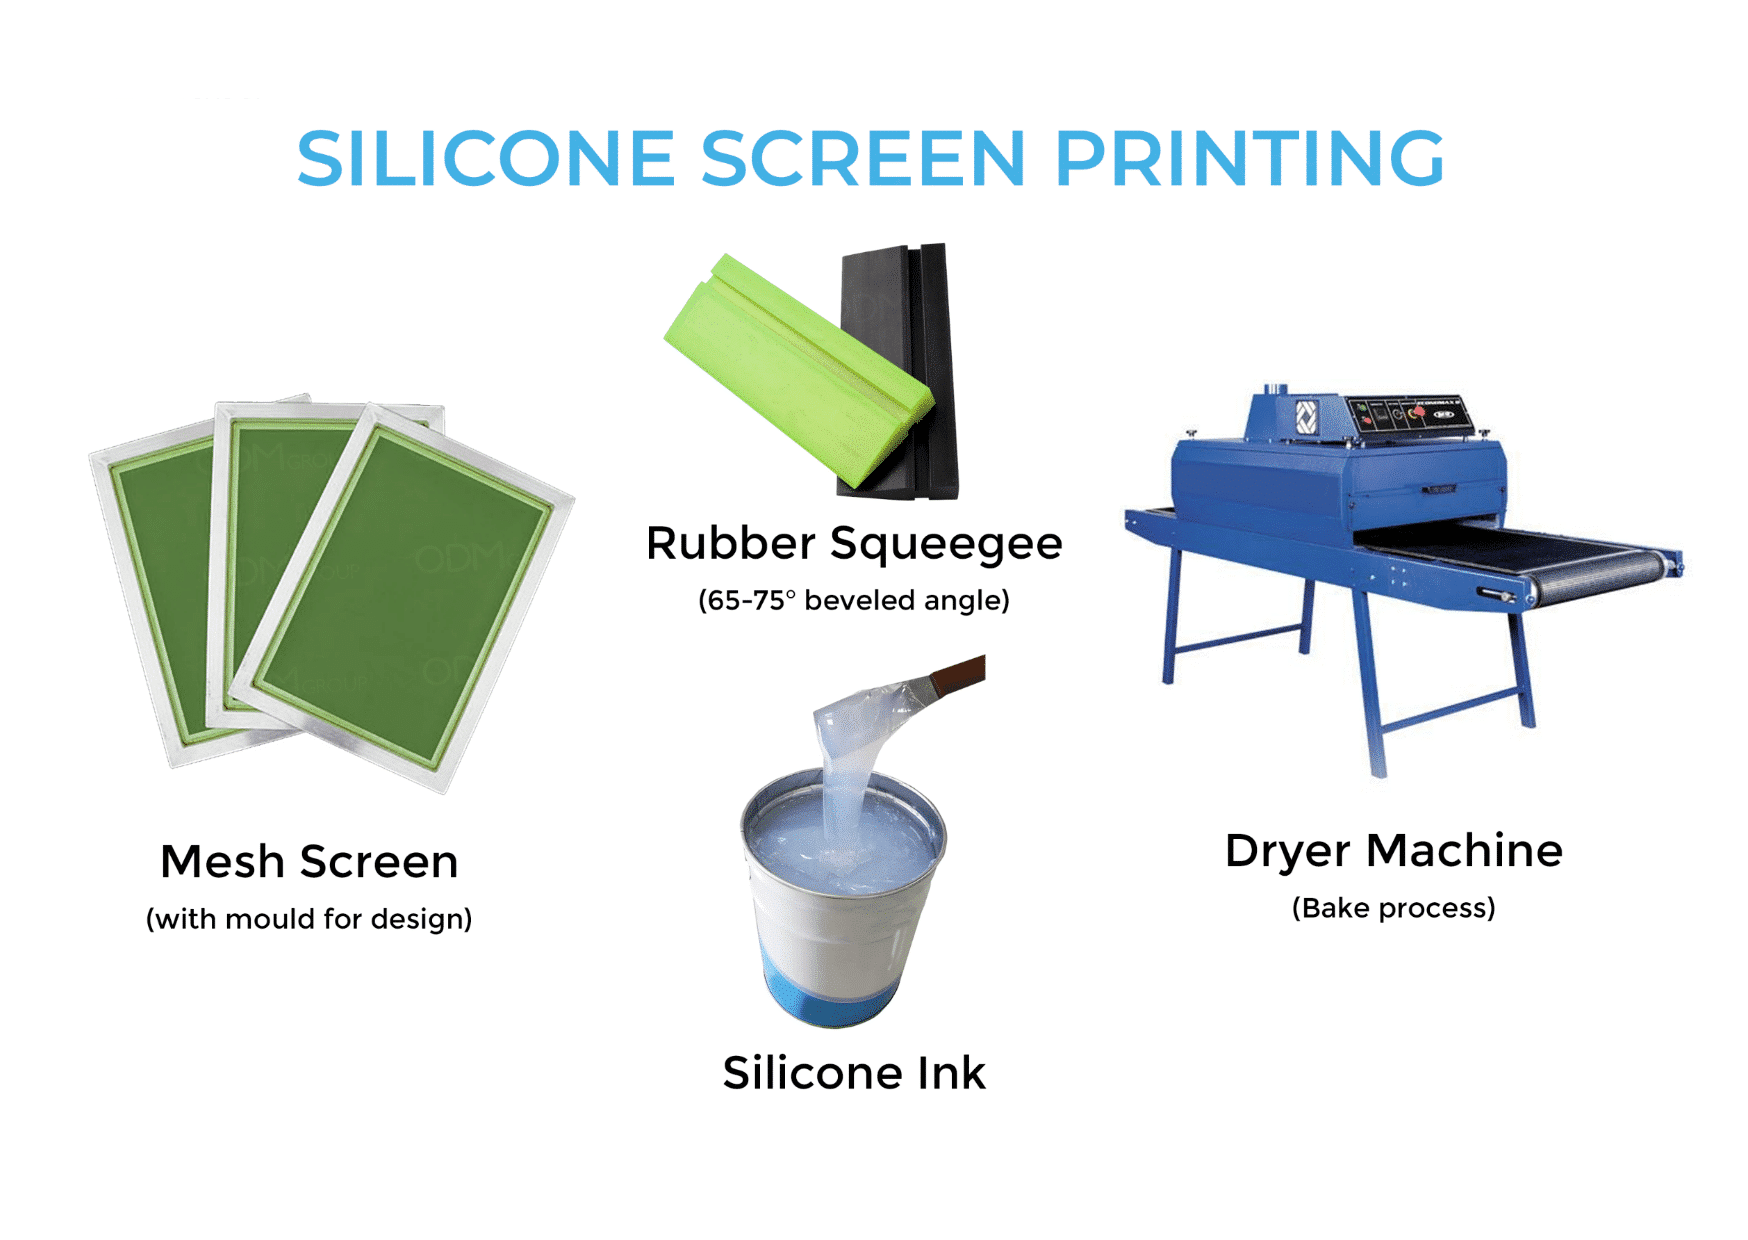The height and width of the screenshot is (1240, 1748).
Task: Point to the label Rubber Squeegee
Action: pyautogui.click(x=853, y=544)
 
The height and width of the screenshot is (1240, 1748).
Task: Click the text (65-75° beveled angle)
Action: pyautogui.click(x=853, y=600)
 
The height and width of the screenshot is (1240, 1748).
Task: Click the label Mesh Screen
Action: pyautogui.click(x=309, y=862)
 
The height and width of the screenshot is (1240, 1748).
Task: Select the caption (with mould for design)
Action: pyautogui.click(x=309, y=919)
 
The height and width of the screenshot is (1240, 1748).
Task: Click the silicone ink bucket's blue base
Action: pyautogui.click(x=830, y=995)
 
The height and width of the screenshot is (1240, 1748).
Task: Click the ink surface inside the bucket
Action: pyautogui.click(x=790, y=840)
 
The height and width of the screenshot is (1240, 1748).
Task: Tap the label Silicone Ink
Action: pyautogui.click(x=853, y=1073)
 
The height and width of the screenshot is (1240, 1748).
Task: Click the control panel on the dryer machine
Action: pyautogui.click(x=1405, y=414)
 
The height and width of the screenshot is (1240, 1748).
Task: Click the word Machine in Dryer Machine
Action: pyautogui.click(x=1464, y=851)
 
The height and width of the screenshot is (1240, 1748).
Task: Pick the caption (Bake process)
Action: pyautogui.click(x=1393, y=908)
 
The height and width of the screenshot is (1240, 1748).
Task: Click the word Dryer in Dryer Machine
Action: pyautogui.click(x=1288, y=851)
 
